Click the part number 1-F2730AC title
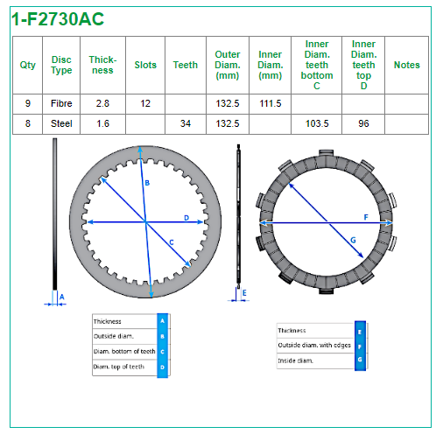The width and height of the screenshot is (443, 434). [x=58, y=19]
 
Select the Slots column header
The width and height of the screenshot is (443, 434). [x=145, y=65]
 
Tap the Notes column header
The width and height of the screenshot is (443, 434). [x=407, y=65]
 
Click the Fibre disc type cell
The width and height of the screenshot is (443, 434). [x=61, y=103]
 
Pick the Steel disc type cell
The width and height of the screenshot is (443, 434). [x=61, y=123]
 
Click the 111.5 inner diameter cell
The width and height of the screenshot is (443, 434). [x=271, y=103]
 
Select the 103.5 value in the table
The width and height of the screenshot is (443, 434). [x=317, y=123]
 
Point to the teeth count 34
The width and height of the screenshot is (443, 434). [x=186, y=123]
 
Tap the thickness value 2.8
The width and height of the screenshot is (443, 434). [x=102, y=103]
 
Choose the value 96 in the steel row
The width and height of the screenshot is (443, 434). [x=363, y=123]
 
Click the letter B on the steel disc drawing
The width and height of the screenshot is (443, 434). [x=147, y=183]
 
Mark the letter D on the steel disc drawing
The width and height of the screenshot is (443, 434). [x=186, y=218]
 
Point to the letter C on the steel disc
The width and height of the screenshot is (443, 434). [x=172, y=242]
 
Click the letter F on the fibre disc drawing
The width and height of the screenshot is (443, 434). [x=366, y=217]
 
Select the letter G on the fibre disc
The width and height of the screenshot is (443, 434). [x=353, y=240]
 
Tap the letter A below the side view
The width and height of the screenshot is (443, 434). [x=62, y=297]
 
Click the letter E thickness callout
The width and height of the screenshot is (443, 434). [x=244, y=292]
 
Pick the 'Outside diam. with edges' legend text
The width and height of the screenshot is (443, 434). [x=314, y=345]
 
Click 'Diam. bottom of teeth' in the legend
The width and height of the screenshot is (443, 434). [x=124, y=352]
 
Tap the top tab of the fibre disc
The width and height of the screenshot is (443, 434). [x=326, y=153]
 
